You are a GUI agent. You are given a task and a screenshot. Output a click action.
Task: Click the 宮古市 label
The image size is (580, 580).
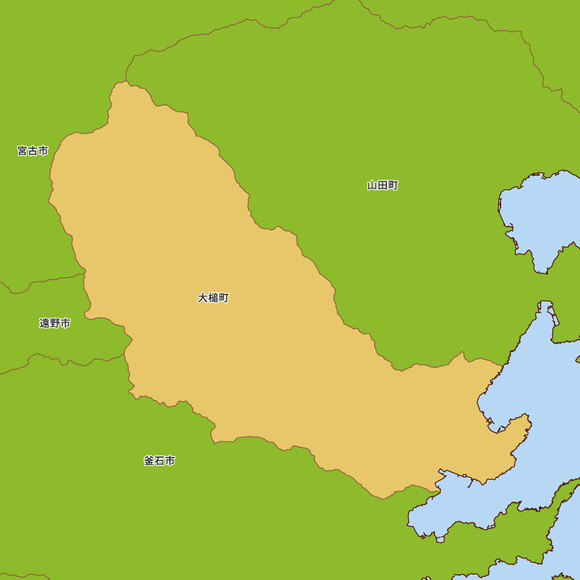pos(32,151)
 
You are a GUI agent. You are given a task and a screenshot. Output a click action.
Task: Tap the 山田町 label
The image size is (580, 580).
pos(383,186)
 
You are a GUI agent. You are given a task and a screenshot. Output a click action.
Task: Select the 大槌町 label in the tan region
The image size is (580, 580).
pos(213,298)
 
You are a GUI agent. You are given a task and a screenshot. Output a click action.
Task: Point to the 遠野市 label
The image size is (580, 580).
pos(55,323)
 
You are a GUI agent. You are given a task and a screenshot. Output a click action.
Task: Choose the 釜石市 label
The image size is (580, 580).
pos(159,461)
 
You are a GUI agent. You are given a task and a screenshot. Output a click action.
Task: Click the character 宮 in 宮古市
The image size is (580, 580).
pos(23,151)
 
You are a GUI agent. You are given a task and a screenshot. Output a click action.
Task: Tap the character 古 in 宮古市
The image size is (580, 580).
pos(32,151)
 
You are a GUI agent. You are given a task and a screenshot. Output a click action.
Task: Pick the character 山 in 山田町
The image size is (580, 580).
pos(372,186)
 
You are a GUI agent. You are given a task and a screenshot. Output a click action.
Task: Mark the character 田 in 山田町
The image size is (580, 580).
pos(383,186)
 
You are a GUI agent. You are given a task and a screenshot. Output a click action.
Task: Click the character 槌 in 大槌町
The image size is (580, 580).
pos(213,298)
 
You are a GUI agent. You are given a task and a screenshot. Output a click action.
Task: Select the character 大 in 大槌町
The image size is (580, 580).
pos(203,298)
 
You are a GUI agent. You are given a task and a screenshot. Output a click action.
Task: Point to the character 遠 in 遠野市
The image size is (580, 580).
pos(45,323)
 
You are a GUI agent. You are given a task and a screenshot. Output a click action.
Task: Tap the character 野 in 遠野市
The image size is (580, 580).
pos(55,323)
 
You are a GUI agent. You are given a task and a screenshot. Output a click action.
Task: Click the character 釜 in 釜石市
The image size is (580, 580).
pos(149,461)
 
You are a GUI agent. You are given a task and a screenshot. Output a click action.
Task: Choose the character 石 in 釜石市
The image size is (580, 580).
pos(159,461)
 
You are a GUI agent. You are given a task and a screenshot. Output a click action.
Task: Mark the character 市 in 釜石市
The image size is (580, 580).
pos(170,461)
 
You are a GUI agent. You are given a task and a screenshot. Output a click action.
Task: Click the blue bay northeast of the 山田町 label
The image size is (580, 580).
pos(539,215)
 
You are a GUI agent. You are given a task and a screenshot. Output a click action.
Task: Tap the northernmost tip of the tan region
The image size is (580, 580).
pos(125,82)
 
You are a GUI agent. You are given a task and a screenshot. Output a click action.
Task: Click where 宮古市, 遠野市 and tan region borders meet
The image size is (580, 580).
pos(84,274)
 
